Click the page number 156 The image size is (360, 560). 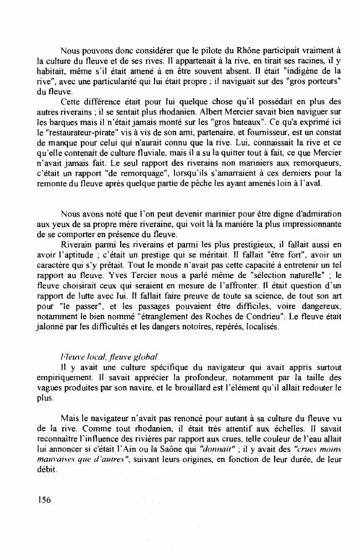point(44,500)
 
